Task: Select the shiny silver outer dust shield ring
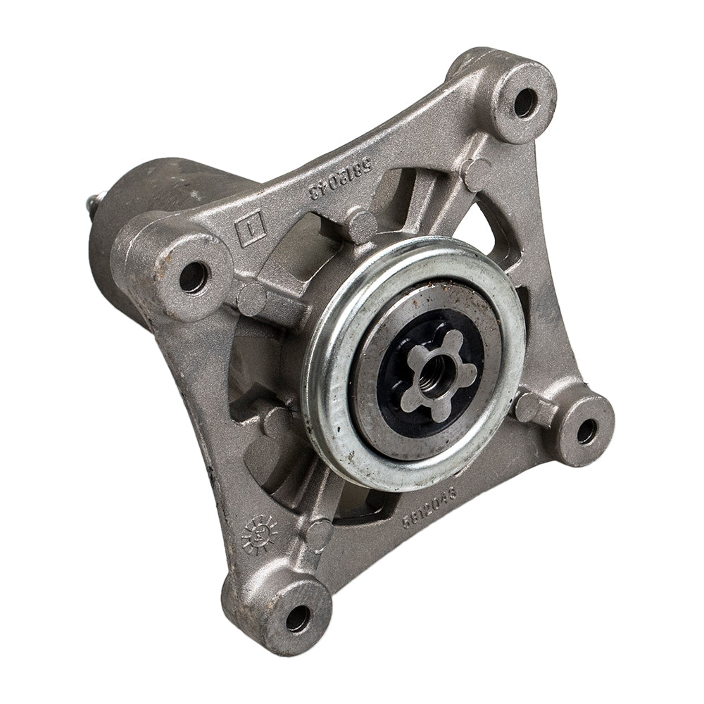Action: click(331, 422)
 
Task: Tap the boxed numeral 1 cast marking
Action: click(251, 232)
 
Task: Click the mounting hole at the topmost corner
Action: click(524, 103)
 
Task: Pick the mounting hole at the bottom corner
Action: click(297, 617)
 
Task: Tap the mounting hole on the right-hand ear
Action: click(586, 431)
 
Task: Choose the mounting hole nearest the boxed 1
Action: click(194, 277)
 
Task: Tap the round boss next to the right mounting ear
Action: click(527, 406)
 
